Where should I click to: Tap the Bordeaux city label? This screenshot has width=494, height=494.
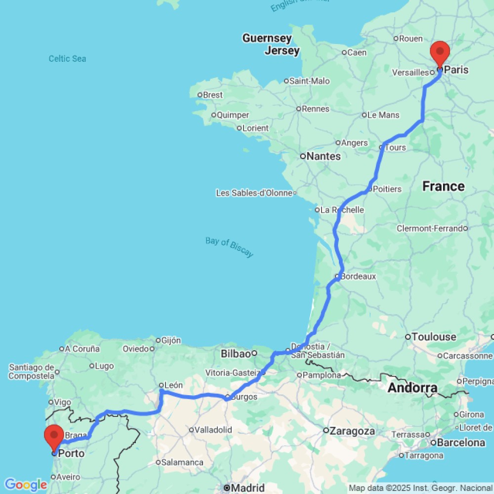click(x=358, y=276)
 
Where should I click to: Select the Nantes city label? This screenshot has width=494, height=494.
click(x=324, y=156)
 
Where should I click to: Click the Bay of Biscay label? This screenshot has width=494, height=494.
click(x=229, y=247)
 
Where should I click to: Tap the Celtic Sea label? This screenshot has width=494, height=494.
click(x=67, y=59)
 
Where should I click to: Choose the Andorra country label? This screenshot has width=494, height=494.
click(x=412, y=388)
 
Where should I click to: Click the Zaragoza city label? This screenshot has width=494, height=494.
click(x=352, y=431)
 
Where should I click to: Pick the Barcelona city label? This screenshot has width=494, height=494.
click(x=461, y=443)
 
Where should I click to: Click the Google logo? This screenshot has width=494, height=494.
click(x=25, y=485)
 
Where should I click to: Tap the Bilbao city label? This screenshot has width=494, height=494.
click(x=236, y=353)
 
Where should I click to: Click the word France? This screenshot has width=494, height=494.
click(x=443, y=186)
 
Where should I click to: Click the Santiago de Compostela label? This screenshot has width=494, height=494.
click(x=31, y=371)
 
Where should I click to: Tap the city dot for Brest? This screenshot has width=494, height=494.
click(x=200, y=95)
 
